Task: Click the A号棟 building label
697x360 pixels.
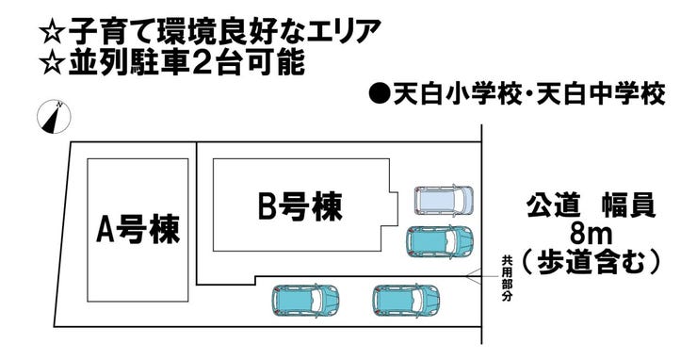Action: (x=138, y=228)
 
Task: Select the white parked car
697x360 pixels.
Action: (x=444, y=201)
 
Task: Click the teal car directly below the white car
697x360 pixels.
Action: (x=439, y=242)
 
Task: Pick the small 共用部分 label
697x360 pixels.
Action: (x=506, y=278)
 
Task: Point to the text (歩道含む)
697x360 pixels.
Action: (x=592, y=259)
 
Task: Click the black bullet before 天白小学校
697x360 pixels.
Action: (x=379, y=95)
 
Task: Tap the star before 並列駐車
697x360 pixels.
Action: (x=55, y=66)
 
